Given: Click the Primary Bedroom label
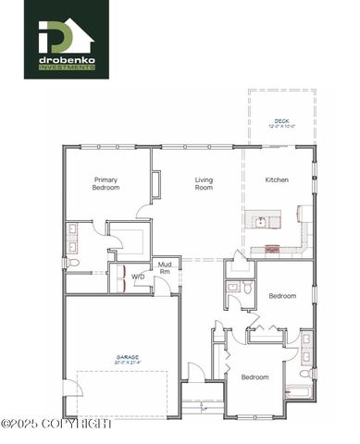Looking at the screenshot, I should (106, 183).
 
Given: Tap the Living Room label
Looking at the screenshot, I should (204, 183).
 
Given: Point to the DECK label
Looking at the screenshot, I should (281, 120).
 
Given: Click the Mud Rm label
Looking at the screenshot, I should (164, 267).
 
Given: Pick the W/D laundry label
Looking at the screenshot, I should (137, 277).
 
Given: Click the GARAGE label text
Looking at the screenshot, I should (128, 356).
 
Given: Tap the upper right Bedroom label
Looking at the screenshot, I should (282, 296).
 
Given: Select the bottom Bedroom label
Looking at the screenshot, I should (254, 376).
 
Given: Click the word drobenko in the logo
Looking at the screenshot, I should (66, 61).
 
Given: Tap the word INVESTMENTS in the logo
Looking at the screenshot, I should (66, 68).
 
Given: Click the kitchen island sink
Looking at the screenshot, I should (261, 222).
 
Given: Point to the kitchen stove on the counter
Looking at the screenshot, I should (272, 249).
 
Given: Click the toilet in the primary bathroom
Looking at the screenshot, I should (75, 263).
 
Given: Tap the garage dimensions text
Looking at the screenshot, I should (128, 363).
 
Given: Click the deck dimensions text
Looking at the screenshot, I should (281, 127).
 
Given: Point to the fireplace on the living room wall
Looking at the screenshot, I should (156, 184).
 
